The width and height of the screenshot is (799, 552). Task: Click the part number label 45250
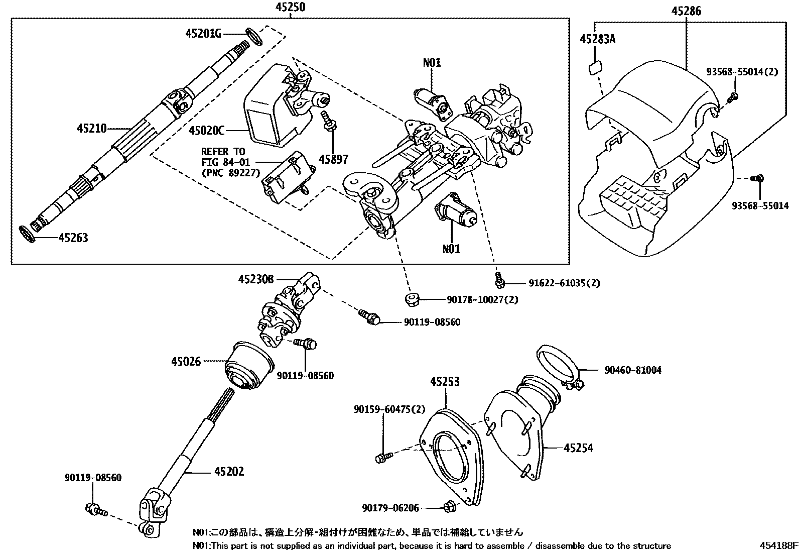290,7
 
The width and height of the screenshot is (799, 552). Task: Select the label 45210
91,129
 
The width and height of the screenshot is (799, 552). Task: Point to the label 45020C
206,131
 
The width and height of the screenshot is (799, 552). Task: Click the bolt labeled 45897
328,123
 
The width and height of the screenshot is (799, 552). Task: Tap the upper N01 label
432,62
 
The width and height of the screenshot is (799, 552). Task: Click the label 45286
686,11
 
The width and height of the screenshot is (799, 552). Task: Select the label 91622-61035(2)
564,283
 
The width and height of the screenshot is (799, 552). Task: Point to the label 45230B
256,279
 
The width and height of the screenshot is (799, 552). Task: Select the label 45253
444,382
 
